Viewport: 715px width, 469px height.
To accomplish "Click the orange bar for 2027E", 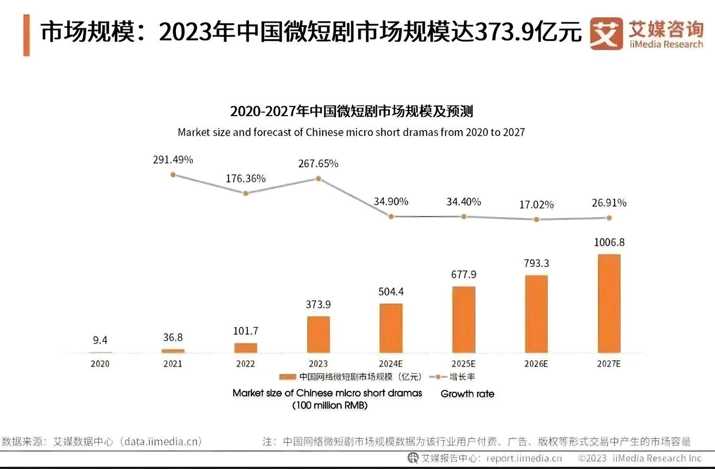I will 609,303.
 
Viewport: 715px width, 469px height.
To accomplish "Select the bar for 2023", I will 318,334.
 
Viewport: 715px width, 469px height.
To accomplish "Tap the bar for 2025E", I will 463,319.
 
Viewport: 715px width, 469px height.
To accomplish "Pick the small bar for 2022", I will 245,348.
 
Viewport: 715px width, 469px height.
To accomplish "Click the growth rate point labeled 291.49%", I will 173,175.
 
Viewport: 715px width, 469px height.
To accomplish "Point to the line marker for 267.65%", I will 318,178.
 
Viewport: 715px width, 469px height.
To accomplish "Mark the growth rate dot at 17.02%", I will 537,219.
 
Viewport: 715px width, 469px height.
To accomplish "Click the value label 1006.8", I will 609,242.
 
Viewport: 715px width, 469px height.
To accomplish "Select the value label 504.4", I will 391,292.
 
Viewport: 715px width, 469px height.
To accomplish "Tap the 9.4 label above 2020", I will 100,340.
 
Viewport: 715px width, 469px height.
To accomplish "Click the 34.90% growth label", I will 391,202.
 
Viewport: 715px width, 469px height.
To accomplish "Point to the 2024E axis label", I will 391,364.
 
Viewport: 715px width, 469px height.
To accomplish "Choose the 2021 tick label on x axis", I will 173,364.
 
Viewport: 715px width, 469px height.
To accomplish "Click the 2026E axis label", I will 536,364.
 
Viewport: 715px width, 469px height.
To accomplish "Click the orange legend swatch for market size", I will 287,377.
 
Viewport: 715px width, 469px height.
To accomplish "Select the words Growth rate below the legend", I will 467,394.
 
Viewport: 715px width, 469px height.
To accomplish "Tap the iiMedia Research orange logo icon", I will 605,33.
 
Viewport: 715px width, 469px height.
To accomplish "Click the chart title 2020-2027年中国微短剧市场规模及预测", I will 351,111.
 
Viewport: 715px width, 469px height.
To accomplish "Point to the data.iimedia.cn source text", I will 162,441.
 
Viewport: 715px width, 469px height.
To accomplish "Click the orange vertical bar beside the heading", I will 26,35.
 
